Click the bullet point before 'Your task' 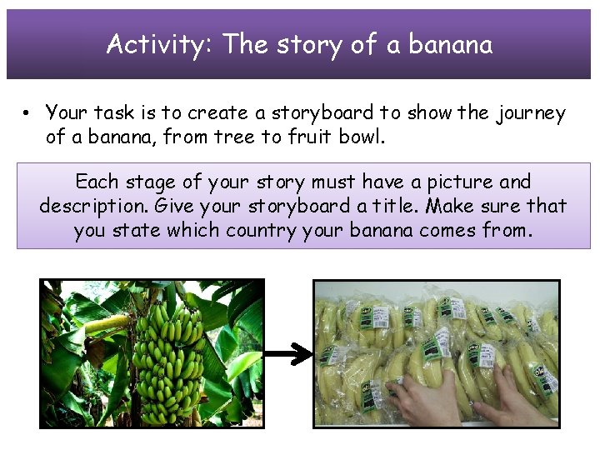[27, 113]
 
